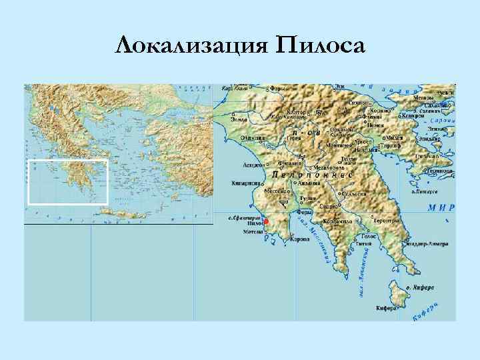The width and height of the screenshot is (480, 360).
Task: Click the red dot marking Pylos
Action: click(x=266, y=221)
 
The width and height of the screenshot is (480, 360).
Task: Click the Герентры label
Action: click(x=387, y=221)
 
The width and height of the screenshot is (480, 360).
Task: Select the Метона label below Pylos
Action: click(x=253, y=233)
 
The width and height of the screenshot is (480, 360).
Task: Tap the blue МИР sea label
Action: click(x=442, y=208)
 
